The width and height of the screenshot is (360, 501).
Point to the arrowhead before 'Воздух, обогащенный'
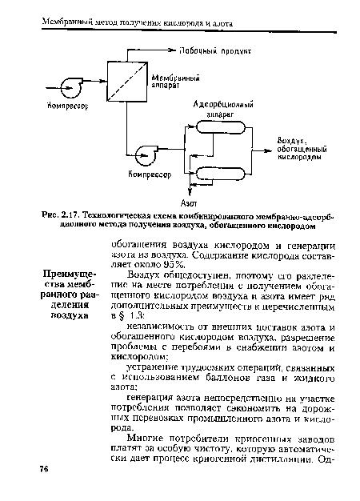[269, 149]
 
